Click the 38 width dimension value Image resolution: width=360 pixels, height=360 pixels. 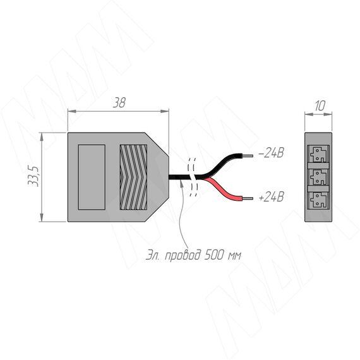(x=119, y=103)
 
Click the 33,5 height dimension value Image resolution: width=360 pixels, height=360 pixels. (x=33, y=176)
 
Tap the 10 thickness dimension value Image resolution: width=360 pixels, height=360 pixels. (x=320, y=106)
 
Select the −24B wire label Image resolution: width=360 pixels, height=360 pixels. (x=271, y=153)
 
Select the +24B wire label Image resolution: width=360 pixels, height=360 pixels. (x=271, y=197)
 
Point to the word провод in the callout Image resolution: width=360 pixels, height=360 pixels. (x=183, y=255)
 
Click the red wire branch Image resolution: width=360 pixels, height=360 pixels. (x=224, y=189)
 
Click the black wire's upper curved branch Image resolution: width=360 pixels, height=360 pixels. (x=224, y=164)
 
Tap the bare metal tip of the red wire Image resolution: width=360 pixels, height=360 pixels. (x=248, y=198)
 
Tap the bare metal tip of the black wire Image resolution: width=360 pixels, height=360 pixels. (x=248, y=155)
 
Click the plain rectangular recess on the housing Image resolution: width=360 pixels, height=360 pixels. (x=92, y=177)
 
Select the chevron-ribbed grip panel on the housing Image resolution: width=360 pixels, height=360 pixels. (x=133, y=177)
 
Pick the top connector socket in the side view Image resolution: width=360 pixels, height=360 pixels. (x=318, y=154)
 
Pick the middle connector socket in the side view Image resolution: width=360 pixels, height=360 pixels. (x=318, y=177)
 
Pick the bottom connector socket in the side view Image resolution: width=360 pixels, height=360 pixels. (x=318, y=200)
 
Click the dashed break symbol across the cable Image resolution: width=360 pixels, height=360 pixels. (x=192, y=177)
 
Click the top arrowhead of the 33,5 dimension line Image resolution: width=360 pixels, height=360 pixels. (x=42, y=137)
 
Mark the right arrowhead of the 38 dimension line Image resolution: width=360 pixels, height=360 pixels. (x=165, y=111)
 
